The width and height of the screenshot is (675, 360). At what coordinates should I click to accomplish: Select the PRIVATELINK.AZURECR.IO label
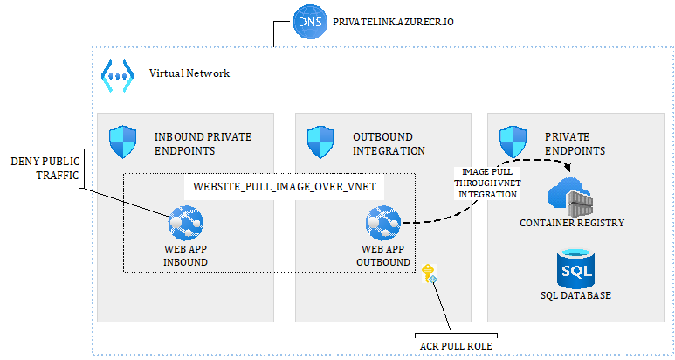tap(387, 19)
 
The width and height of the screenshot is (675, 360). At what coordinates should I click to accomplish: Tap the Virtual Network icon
tap(116, 73)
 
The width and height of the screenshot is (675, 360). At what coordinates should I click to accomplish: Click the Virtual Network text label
tap(189, 73)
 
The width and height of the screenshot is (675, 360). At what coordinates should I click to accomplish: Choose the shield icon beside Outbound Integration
tap(320, 141)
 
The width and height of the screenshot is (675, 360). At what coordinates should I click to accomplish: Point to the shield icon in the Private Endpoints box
tap(511, 141)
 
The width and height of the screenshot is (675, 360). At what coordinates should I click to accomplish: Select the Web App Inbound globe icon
tap(185, 223)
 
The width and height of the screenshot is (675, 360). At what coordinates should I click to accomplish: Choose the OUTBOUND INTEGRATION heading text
tap(389, 143)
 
